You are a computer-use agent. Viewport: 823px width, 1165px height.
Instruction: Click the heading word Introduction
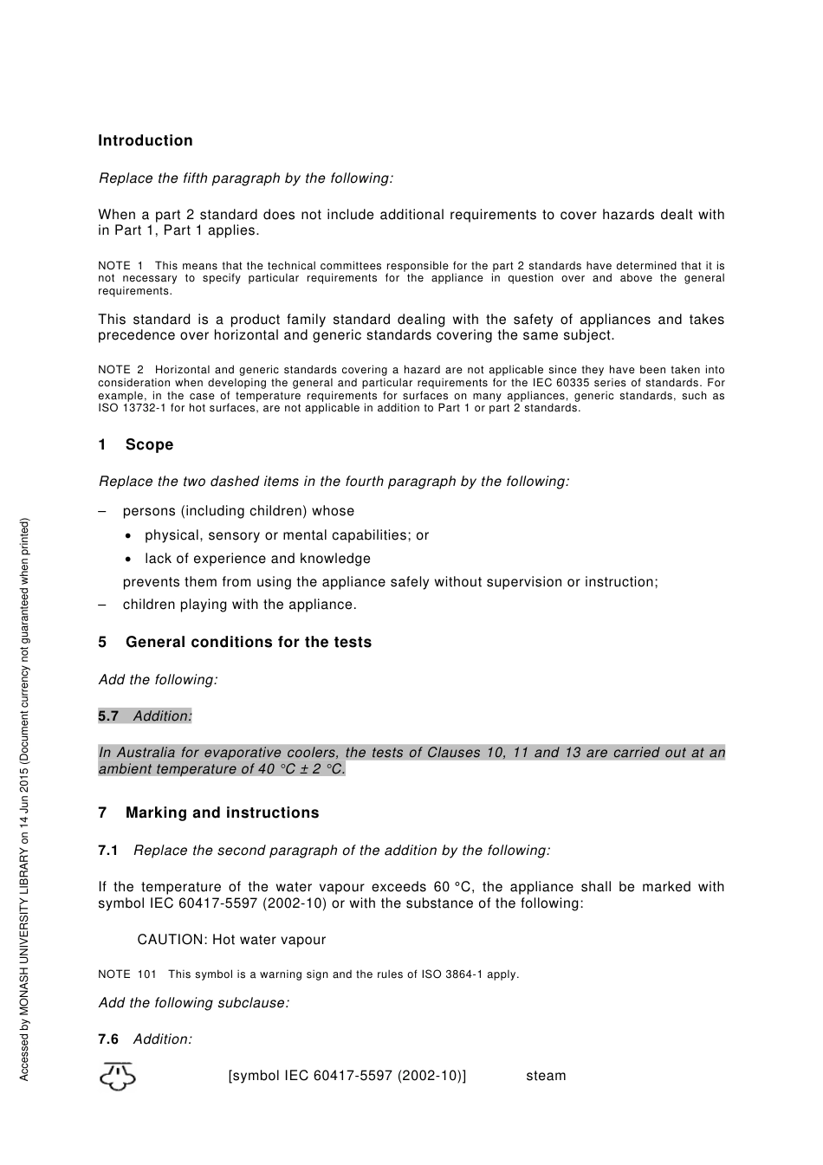[x=145, y=140]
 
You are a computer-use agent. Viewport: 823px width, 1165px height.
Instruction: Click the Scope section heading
[x=148, y=444]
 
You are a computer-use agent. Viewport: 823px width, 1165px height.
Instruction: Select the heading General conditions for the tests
[x=248, y=642]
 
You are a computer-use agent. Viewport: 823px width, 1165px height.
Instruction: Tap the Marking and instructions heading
[x=222, y=812]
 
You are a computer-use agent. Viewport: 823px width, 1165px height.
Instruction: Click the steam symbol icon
[x=118, y=1076]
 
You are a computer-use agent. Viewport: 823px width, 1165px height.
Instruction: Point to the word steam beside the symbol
[x=546, y=1076]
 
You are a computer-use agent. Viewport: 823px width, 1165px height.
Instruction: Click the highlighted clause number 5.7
[x=108, y=715]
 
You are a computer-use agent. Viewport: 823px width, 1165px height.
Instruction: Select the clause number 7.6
[x=108, y=1039]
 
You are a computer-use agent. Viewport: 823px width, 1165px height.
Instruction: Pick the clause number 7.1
[x=108, y=850]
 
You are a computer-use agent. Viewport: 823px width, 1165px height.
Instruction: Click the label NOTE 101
[x=127, y=974]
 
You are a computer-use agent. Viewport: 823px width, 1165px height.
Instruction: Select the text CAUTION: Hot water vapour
[x=231, y=940]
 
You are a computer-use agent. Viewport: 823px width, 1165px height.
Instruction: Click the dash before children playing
[x=103, y=605]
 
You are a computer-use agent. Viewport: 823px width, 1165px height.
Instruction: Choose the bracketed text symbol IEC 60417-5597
[x=347, y=1076]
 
